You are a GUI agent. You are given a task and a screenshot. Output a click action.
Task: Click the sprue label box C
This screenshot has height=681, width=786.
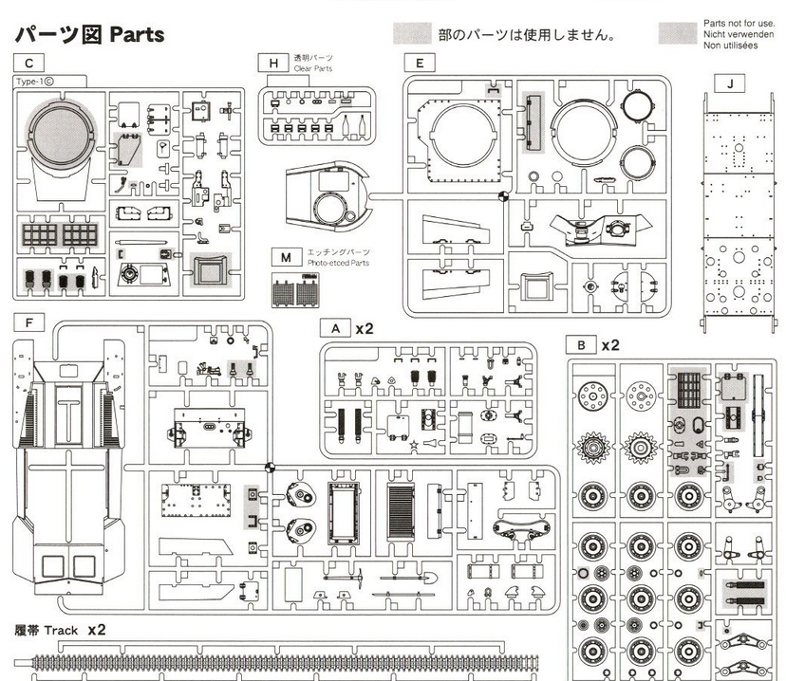[30, 64]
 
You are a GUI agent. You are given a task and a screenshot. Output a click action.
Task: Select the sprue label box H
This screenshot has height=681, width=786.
[273, 64]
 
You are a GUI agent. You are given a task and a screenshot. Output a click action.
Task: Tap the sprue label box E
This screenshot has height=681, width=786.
[419, 64]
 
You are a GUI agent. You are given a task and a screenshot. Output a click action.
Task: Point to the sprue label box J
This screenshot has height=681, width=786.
[728, 83]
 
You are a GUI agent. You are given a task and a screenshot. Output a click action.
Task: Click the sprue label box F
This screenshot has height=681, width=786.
[30, 322]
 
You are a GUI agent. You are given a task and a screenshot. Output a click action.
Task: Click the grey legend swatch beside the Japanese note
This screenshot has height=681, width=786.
[412, 33]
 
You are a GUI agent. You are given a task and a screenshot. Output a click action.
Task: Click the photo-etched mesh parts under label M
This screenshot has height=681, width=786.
[293, 290]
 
